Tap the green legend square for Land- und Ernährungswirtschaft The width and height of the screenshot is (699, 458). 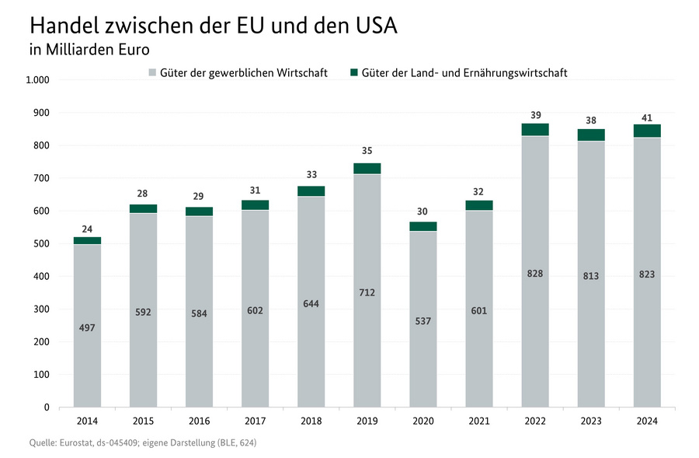click(x=354, y=73)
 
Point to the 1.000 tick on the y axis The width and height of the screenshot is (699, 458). click(x=37, y=80)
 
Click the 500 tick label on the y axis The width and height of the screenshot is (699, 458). click(x=41, y=243)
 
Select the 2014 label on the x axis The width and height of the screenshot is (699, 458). click(x=87, y=421)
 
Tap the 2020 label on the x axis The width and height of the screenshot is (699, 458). click(x=423, y=421)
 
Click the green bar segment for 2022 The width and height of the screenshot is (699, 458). click(x=535, y=129)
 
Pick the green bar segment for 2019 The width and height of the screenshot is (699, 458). click(x=367, y=168)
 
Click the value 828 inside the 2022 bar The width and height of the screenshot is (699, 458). click(x=535, y=273)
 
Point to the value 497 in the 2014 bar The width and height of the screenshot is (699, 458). click(x=87, y=327)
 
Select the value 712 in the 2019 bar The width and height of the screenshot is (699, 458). click(x=367, y=292)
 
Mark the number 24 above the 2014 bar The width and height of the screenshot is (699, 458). click(x=87, y=229)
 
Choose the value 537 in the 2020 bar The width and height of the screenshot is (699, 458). click(x=423, y=320)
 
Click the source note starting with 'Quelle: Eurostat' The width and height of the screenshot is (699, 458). click(x=142, y=443)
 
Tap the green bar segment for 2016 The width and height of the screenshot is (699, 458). click(x=199, y=211)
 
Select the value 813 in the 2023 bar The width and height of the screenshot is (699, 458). click(x=591, y=275)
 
